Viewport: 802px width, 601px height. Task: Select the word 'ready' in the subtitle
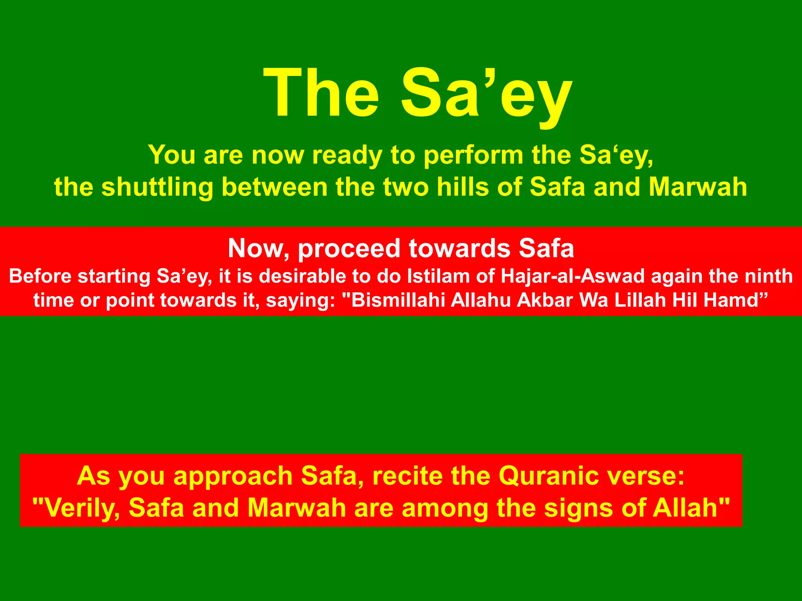(x=347, y=155)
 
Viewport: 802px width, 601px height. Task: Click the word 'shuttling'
(x=157, y=187)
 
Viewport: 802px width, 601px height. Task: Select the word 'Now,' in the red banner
(x=259, y=249)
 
